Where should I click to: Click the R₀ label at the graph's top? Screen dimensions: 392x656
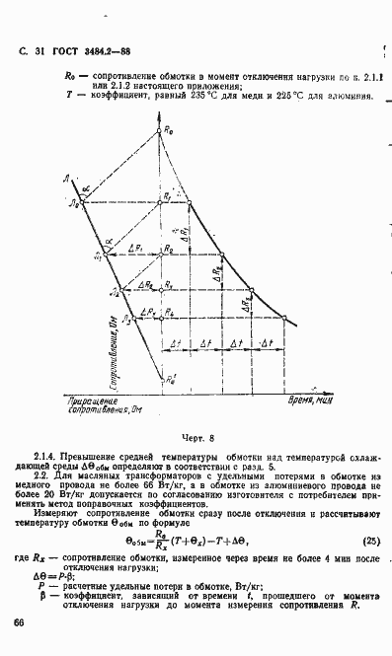pyautogui.click(x=169, y=130)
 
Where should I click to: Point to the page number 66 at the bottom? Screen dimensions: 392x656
pyautogui.click(x=19, y=622)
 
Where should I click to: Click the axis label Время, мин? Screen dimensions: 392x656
pyautogui.click(x=310, y=403)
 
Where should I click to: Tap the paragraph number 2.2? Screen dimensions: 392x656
pyautogui.click(x=41, y=477)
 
